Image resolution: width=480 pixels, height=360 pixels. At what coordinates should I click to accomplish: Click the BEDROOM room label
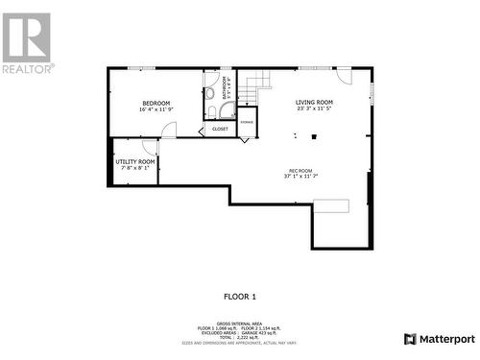coord(156,103)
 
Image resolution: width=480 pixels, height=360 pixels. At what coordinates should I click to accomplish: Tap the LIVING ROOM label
coord(314,102)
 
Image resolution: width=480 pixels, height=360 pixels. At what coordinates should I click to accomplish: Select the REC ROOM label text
coord(300,170)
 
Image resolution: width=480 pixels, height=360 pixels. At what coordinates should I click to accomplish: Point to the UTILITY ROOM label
coord(135,161)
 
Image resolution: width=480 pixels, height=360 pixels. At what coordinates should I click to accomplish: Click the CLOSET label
coord(220,128)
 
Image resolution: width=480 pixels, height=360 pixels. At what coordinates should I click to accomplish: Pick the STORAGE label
coord(247,123)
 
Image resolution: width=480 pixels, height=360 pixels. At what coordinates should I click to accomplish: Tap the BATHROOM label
coord(226,88)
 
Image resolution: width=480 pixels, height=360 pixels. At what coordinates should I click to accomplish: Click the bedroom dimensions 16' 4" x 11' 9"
coord(156,109)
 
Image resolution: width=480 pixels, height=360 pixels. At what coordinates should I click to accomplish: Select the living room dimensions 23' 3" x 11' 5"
coord(314,109)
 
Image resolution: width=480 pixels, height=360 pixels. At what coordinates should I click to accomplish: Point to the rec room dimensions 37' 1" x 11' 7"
coord(300,177)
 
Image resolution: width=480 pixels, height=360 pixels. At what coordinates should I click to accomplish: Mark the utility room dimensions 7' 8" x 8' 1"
coord(135,168)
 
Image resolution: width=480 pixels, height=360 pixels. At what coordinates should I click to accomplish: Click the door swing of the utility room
coord(150,147)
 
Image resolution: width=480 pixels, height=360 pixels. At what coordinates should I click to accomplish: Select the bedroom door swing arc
coord(169,131)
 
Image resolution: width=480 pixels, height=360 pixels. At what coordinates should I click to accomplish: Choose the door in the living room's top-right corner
coord(344,75)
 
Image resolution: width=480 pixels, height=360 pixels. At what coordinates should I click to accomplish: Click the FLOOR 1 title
coord(240,297)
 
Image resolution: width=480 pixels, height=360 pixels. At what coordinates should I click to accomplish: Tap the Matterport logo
coord(439,339)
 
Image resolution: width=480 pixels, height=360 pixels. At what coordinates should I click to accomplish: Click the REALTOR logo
coord(27,43)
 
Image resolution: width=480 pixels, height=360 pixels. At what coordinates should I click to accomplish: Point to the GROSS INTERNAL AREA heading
coord(240,323)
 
